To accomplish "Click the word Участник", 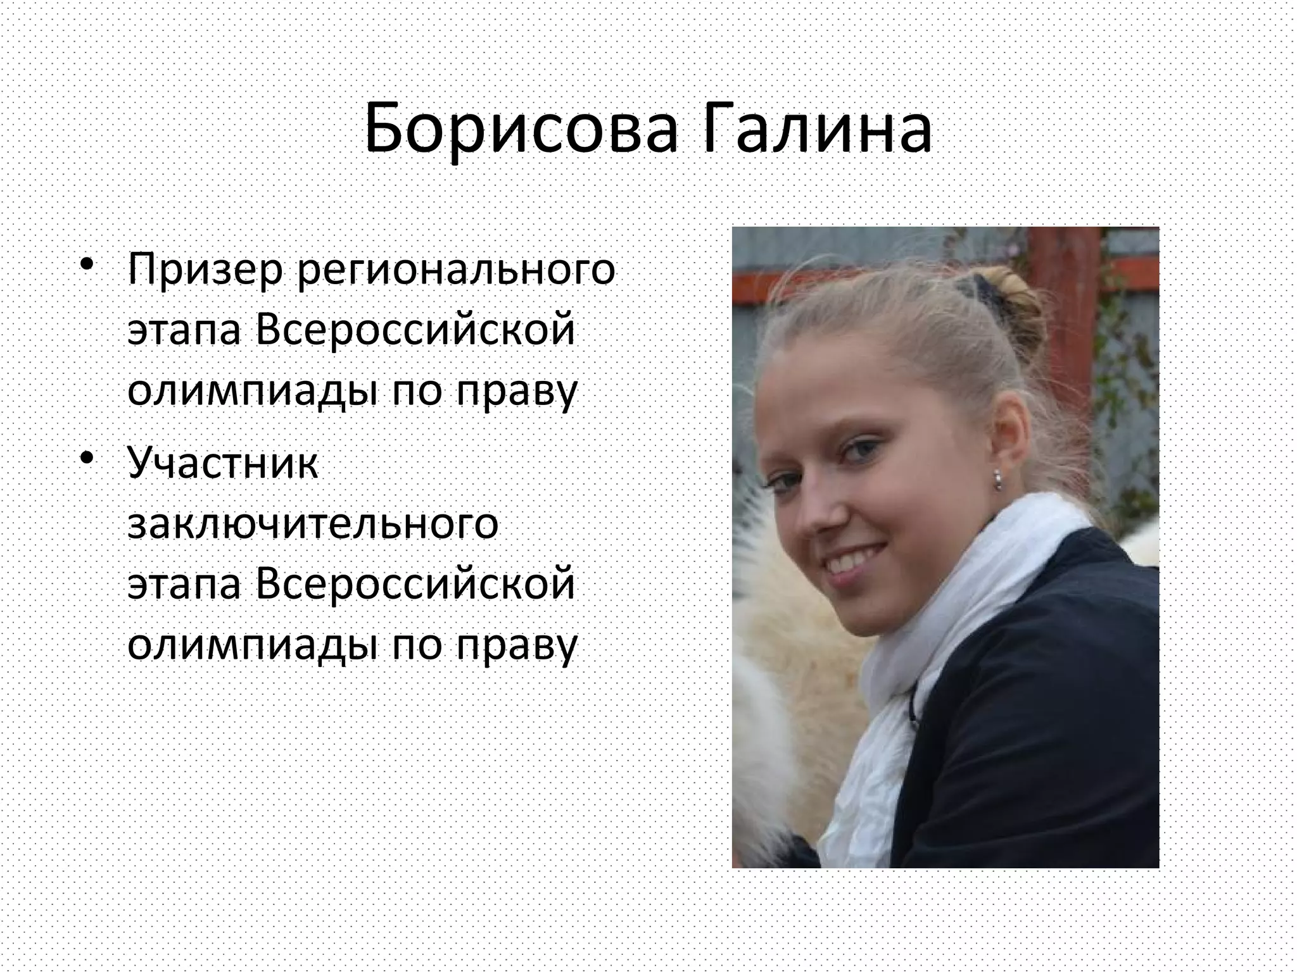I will click(x=222, y=463).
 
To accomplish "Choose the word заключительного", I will click(x=313, y=525).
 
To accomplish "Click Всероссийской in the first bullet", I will click(x=415, y=330).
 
